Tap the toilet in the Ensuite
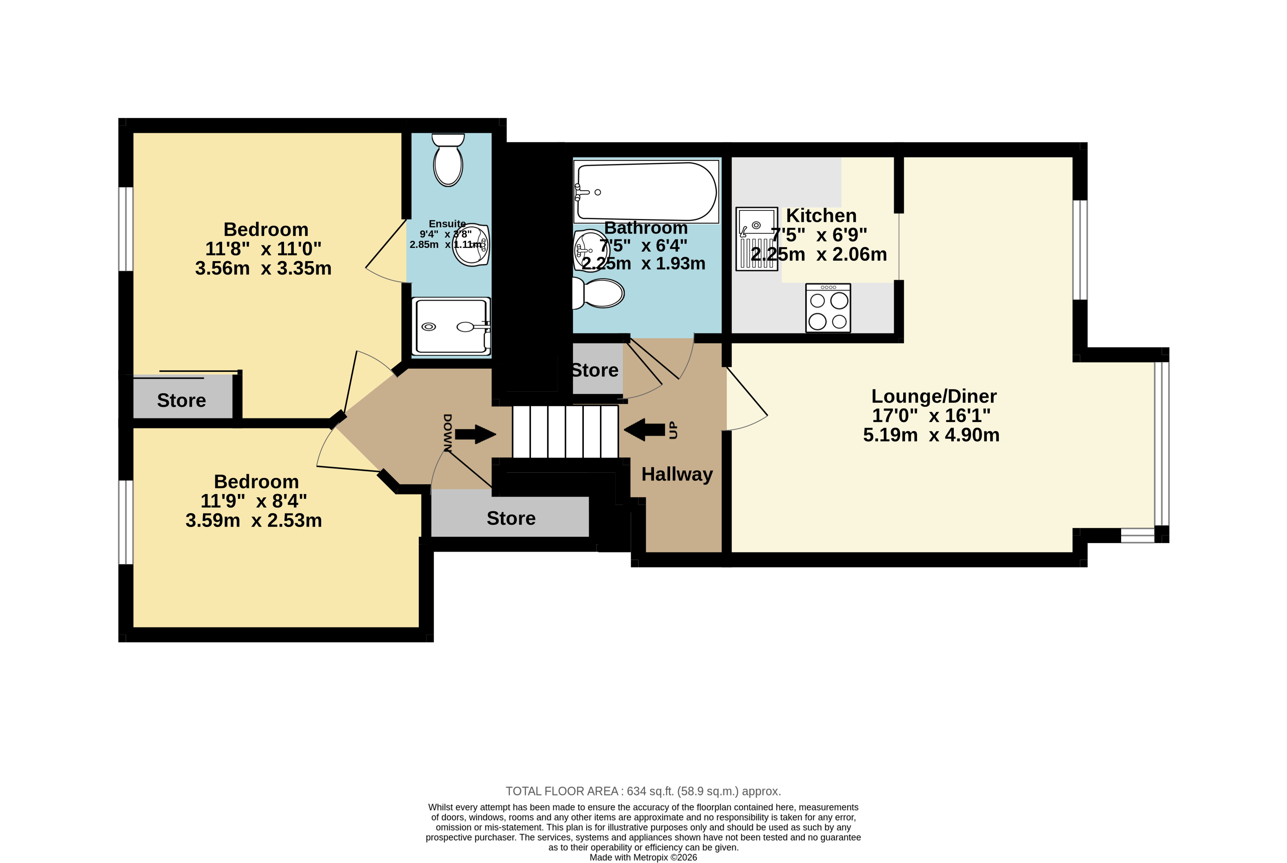(x=448, y=160)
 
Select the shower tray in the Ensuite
(x=451, y=326)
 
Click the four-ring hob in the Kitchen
(x=828, y=308)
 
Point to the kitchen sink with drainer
(x=757, y=239)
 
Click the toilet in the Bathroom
(x=598, y=293)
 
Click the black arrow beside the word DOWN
(x=475, y=434)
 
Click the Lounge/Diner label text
(x=934, y=396)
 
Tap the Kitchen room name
(x=821, y=215)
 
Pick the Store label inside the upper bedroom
(x=181, y=400)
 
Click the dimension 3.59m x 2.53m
(x=253, y=520)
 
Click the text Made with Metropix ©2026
(x=643, y=857)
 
